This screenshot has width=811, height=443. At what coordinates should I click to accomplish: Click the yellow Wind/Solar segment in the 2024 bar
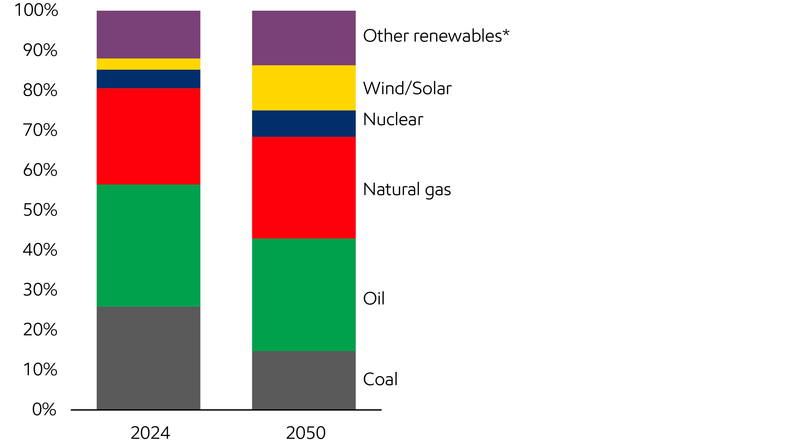(148, 64)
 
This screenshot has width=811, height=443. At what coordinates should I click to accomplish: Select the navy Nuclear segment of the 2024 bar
(148, 79)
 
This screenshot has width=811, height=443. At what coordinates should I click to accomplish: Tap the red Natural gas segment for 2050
(303, 187)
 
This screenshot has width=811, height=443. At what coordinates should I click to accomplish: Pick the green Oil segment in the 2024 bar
(148, 245)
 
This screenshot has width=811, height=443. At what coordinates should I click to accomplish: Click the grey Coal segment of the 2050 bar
(303, 380)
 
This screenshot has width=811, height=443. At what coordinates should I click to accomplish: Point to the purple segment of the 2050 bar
(303, 38)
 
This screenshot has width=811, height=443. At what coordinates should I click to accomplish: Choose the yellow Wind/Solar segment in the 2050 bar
(303, 88)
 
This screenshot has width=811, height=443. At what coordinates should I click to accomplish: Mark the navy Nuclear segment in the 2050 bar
(303, 124)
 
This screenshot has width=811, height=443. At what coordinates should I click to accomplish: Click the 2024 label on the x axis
(150, 433)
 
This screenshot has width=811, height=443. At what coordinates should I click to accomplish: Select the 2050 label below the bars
(305, 433)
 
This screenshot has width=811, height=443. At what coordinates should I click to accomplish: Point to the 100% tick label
(36, 10)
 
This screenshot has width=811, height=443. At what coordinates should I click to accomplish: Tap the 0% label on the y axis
(44, 409)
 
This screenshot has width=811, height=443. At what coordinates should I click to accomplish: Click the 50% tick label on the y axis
(40, 210)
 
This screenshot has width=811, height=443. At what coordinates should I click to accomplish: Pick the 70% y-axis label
(40, 130)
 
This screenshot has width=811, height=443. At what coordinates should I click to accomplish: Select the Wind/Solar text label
(407, 88)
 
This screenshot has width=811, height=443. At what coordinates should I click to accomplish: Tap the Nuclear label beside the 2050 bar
(393, 119)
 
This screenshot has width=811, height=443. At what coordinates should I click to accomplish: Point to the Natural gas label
(407, 189)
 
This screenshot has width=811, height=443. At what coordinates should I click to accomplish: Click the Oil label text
(374, 298)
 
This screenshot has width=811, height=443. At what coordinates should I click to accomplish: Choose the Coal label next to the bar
(380, 379)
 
